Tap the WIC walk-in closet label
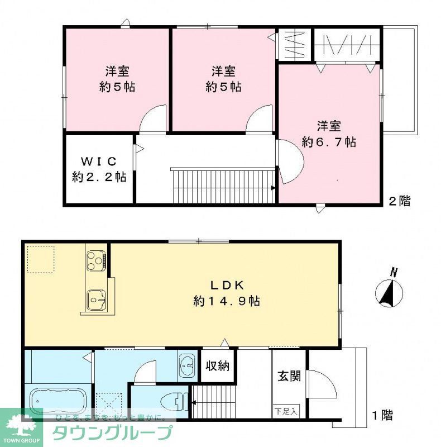(99, 161)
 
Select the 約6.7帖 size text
(329, 142)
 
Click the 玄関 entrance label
(289, 375)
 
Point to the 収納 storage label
(217, 367)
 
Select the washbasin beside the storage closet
(186, 367)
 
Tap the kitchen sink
(96, 301)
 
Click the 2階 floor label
(399, 201)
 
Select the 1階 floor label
(382, 415)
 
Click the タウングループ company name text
(112, 433)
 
